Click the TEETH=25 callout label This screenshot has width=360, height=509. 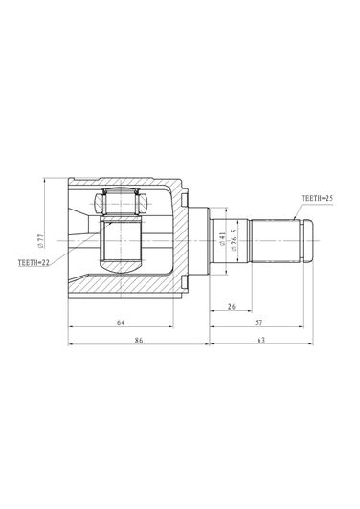[x=317, y=198]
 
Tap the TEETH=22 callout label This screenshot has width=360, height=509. [x=34, y=262]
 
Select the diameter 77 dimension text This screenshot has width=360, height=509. [x=40, y=241]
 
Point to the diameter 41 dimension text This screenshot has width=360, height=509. [x=222, y=239]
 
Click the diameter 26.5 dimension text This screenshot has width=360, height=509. [x=235, y=239]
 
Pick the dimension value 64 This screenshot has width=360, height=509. [x=121, y=322]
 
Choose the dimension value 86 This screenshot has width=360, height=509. [x=139, y=340]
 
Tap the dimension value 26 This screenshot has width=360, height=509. [x=232, y=306]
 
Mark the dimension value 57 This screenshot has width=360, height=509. [x=259, y=322]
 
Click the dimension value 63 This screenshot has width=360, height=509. [x=260, y=340]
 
